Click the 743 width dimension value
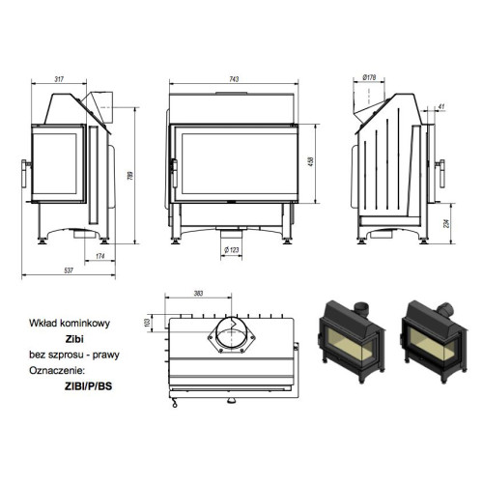234,79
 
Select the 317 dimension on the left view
59,79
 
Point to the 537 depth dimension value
69,270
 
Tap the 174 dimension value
100,256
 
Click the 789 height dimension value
130,176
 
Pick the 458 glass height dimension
311,161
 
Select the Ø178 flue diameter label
369,77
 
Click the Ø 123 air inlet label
232,250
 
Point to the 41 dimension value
441,106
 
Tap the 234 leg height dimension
446,223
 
